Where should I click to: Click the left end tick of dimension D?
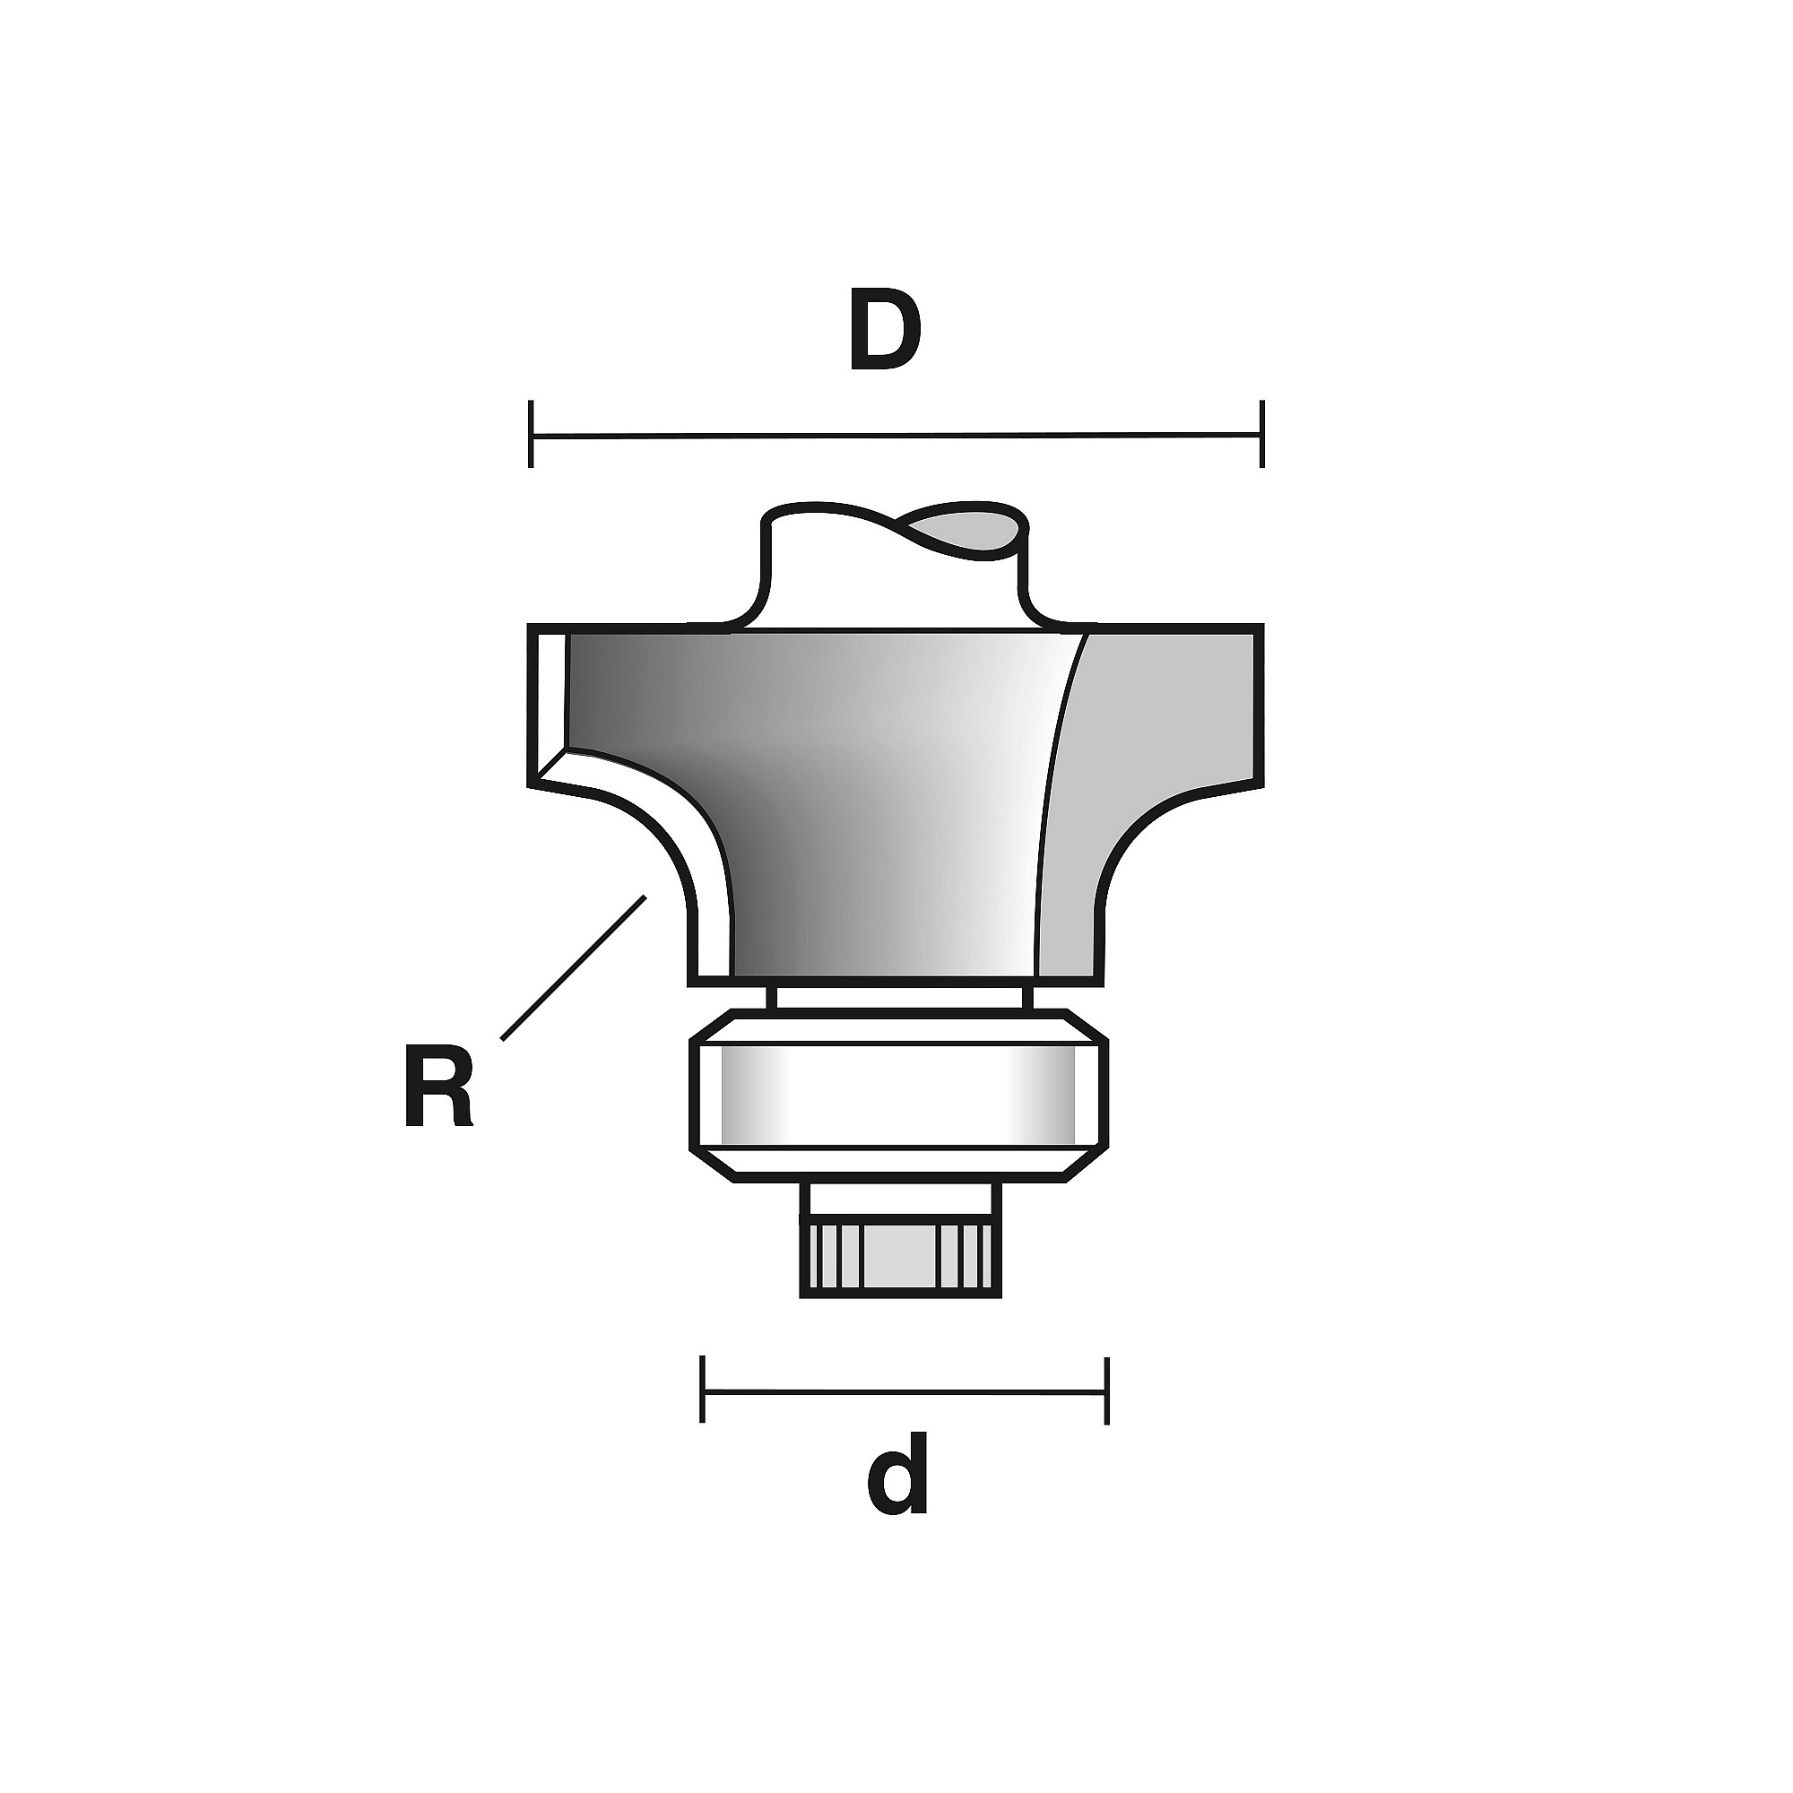(531, 433)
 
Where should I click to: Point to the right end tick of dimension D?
(1261, 433)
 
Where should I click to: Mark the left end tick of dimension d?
(704, 1390)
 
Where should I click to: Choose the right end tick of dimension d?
(1106, 1390)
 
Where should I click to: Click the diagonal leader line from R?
(574, 966)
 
